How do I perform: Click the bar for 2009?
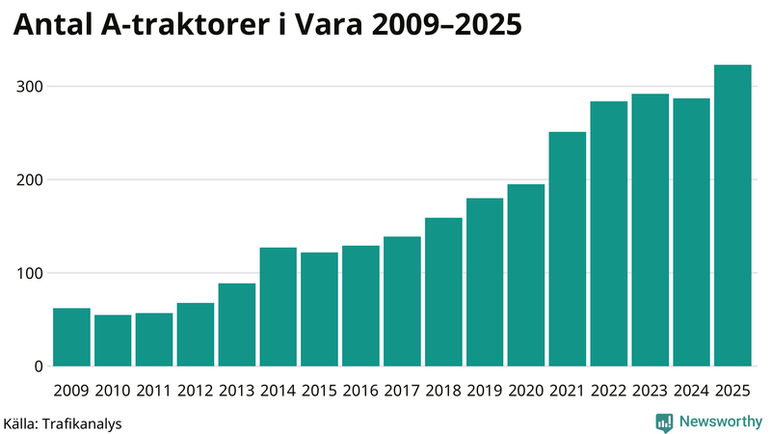point(71,338)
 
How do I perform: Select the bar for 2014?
point(278,307)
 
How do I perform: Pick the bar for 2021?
point(567,249)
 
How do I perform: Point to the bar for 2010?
point(113,340)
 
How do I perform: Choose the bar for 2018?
point(443,291)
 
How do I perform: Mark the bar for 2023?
point(650,230)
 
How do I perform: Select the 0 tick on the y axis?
point(37,366)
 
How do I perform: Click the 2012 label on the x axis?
point(195,391)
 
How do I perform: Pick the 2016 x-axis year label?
point(360,391)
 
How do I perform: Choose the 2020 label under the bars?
point(525,391)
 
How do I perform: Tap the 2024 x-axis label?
point(691,391)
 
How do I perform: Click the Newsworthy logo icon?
point(664,421)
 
